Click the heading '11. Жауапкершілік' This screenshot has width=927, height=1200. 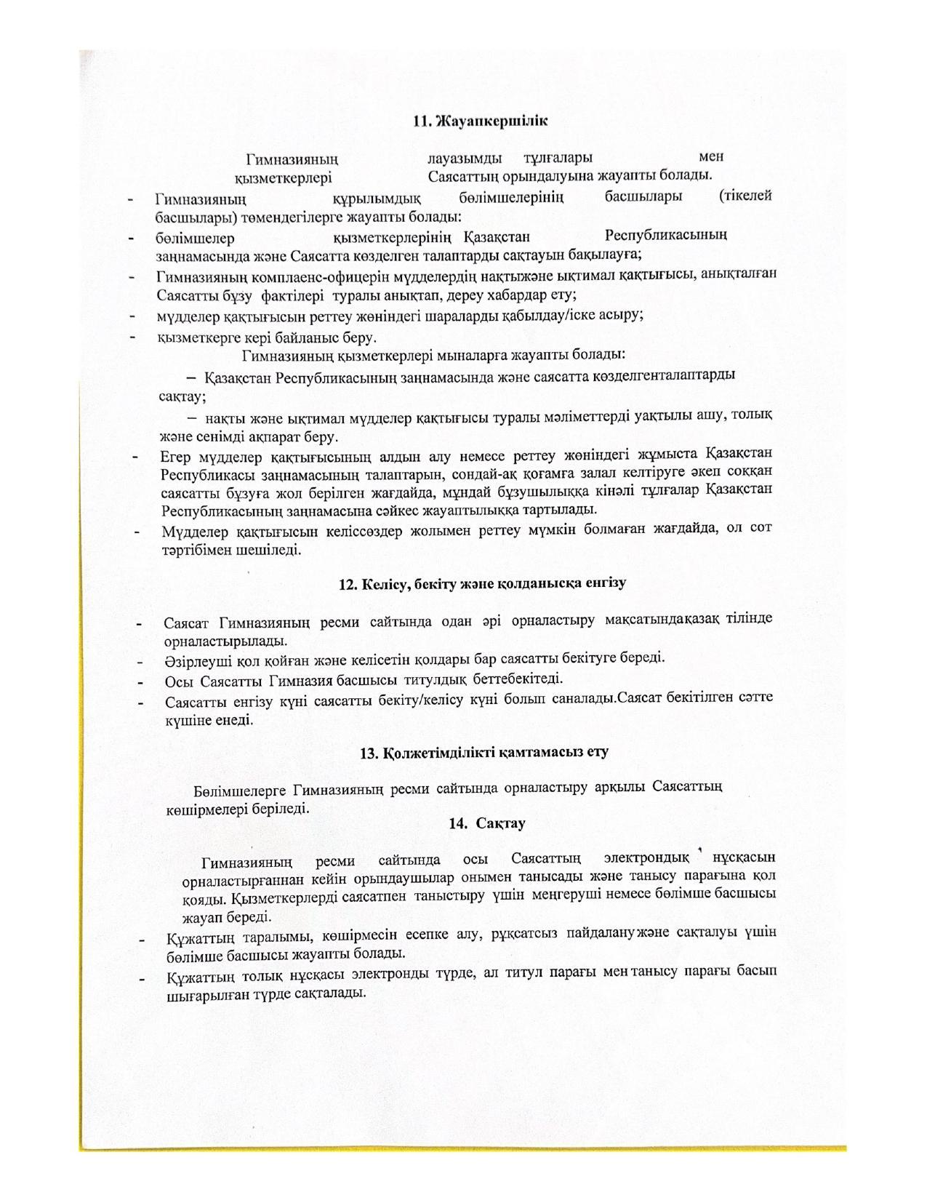(x=480, y=121)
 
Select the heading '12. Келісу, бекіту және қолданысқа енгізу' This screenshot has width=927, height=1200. (x=483, y=583)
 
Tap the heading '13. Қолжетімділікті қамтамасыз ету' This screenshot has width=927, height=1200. (x=483, y=752)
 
